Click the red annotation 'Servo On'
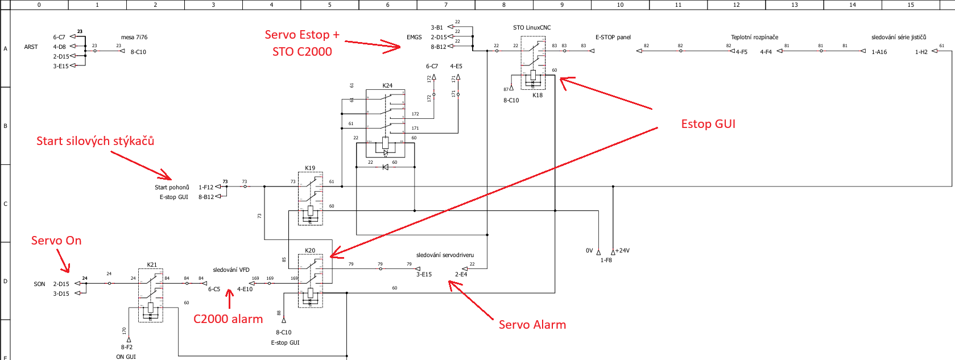(x=56, y=241)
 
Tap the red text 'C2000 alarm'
(x=228, y=319)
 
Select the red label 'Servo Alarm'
(x=532, y=325)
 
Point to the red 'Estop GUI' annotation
(x=708, y=124)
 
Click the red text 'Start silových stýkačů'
(x=95, y=141)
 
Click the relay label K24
(x=387, y=85)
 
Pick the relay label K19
(x=310, y=168)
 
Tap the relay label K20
(x=310, y=250)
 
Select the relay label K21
(x=152, y=264)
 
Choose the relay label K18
(x=538, y=95)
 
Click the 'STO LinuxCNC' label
(x=532, y=27)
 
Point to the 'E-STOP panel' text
(x=613, y=37)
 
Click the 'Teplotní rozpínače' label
(x=754, y=37)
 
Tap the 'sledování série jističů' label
(x=899, y=37)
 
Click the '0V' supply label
(x=589, y=250)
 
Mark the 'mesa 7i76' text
(x=134, y=37)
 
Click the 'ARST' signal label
(x=31, y=47)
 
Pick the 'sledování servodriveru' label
(x=445, y=255)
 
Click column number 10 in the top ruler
(x=620, y=5)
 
